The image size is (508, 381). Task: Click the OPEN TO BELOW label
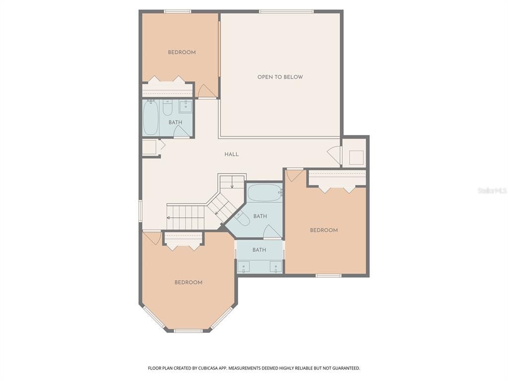[280, 77]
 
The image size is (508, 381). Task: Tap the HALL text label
[231, 154]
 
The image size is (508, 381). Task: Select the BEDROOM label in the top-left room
[182, 52]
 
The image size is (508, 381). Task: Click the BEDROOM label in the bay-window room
[188, 282]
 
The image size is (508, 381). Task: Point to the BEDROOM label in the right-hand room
[323, 230]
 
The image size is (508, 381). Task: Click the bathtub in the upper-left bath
[150, 118]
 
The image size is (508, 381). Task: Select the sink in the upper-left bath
[186, 106]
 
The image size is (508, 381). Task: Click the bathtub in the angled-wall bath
[264, 192]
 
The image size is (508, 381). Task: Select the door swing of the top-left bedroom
[205, 91]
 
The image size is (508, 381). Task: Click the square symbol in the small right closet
[356, 157]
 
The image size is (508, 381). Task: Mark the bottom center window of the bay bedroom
[188, 330]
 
